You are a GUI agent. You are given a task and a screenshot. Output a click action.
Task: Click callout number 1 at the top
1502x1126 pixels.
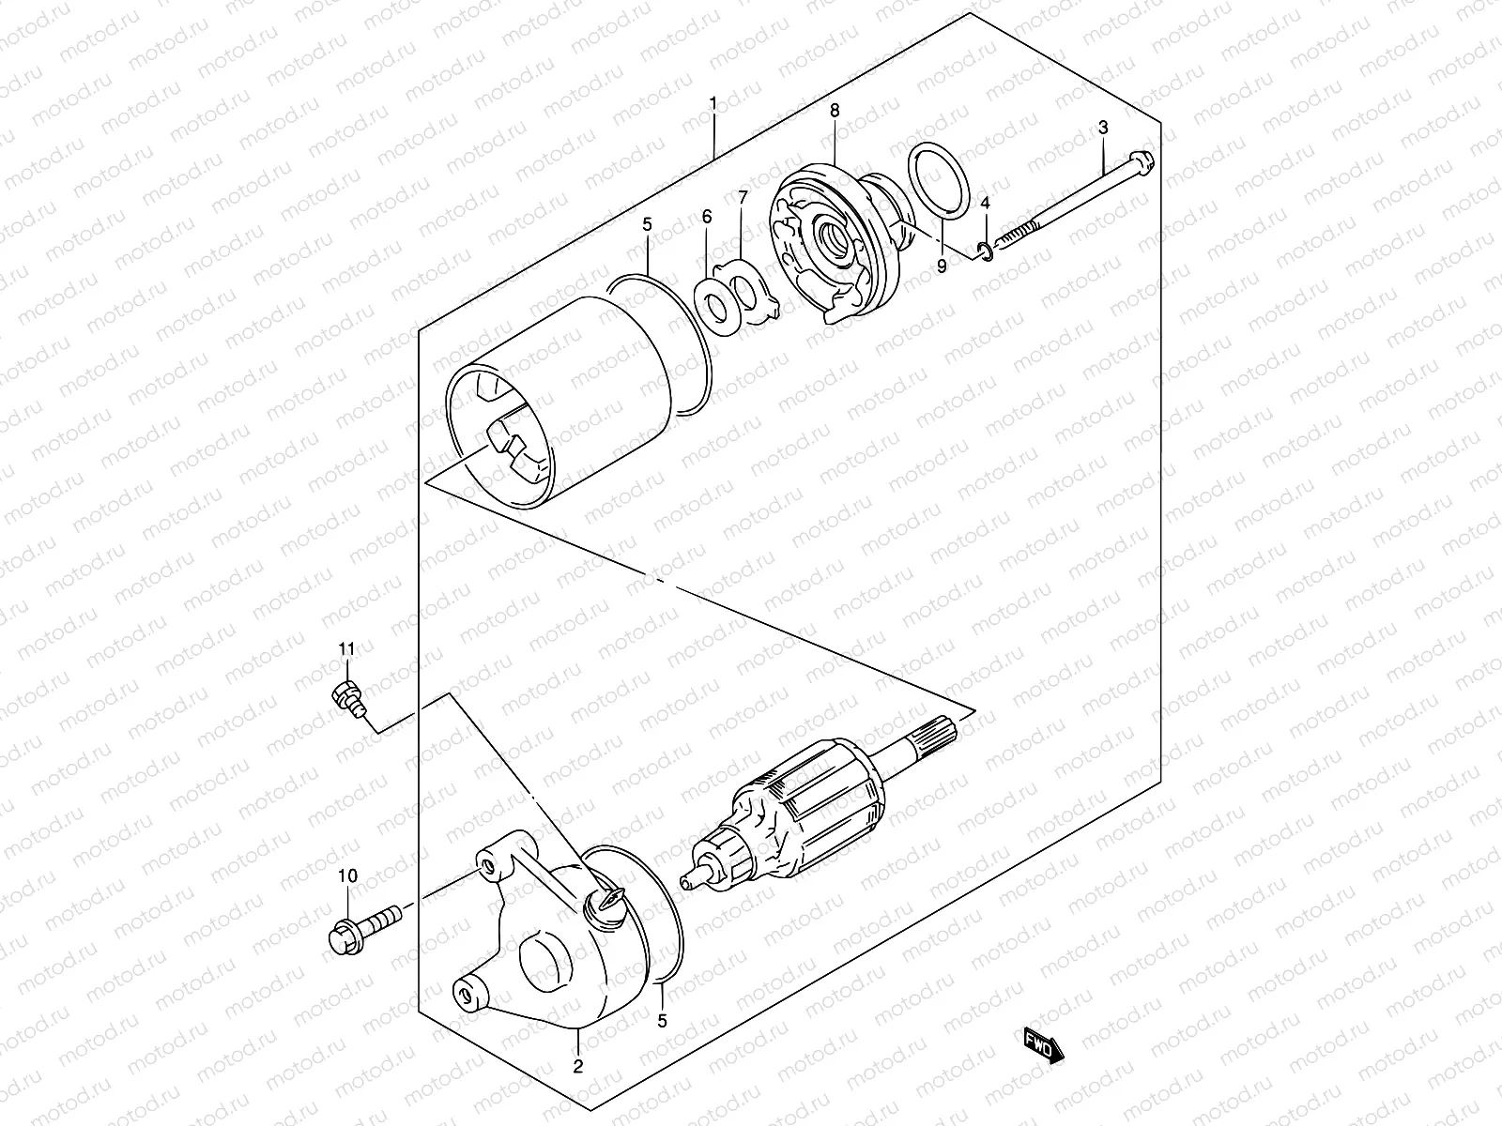coord(713,101)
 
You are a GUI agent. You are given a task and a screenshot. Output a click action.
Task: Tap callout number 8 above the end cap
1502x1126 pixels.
coord(835,111)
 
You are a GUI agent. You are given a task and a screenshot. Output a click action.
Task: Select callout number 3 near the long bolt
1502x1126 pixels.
coord(1103,127)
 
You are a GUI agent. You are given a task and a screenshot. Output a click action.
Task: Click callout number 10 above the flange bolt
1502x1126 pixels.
coord(348,876)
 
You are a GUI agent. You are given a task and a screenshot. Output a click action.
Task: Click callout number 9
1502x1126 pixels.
coord(942,266)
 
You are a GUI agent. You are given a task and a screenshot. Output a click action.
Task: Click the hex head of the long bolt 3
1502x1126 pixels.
coord(1141,160)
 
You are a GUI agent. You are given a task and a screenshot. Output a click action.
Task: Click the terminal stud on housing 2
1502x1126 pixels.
coord(601,901)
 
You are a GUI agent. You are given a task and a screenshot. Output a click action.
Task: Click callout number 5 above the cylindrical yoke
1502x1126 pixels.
coord(673,225)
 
